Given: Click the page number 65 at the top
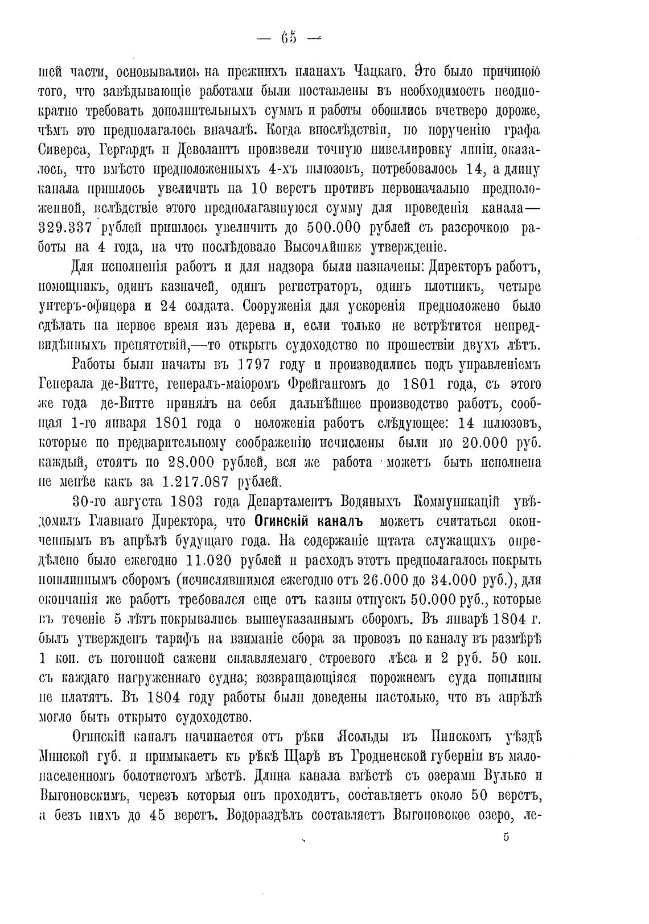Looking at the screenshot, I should click(x=289, y=38).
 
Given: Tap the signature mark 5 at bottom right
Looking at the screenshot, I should click(x=506, y=852).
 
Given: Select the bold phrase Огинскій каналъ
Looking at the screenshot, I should click(x=309, y=521).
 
